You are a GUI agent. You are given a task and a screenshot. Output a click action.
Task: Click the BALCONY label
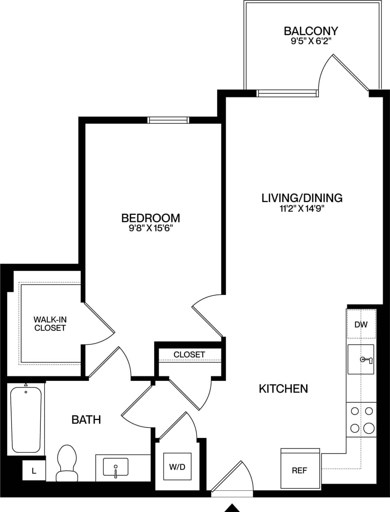[311, 31]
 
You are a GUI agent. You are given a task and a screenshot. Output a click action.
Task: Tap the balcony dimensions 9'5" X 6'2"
[311, 41]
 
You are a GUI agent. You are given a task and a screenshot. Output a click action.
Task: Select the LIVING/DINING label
[302, 198]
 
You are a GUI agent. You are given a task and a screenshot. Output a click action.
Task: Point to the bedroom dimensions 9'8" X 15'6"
[150, 228]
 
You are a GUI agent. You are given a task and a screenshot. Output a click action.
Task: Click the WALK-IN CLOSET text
[50, 324]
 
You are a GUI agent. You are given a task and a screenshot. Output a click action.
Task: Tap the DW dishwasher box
[361, 324]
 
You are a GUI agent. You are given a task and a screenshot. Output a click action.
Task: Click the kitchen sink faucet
[366, 360]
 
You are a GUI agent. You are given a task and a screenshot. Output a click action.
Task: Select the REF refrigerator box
[300, 470]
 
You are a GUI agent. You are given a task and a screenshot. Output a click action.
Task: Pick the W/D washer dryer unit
[177, 466]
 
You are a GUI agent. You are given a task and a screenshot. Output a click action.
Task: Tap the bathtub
[26, 418]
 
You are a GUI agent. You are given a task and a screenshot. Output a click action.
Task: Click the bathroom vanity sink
[115, 467]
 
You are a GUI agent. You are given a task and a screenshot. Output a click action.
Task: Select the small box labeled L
[34, 471]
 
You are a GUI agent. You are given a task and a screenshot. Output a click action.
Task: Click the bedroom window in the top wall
[168, 120]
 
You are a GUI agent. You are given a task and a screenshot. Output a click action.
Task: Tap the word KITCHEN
[283, 388]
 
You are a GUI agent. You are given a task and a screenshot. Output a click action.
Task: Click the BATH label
[86, 420]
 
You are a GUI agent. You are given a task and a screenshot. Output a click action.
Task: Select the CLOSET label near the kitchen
[189, 354]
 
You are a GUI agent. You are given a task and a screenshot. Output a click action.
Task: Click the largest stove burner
[369, 428]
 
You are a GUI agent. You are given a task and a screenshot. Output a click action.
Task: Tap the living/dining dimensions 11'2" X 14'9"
[302, 208]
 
